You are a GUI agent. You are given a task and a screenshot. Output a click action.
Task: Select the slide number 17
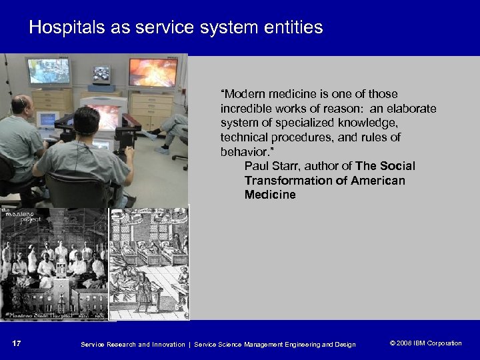(x=17, y=343)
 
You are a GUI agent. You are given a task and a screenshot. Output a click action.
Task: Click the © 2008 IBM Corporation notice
(x=425, y=343)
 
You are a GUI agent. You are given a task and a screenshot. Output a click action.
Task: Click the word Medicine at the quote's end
(x=270, y=195)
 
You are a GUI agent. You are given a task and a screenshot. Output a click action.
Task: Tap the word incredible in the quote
(x=248, y=108)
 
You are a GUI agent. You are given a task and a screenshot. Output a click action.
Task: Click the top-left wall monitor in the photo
(x=48, y=71)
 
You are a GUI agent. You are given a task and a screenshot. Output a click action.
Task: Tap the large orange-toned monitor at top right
(x=153, y=73)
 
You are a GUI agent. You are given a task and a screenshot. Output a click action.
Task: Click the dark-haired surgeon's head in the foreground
(x=87, y=121)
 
